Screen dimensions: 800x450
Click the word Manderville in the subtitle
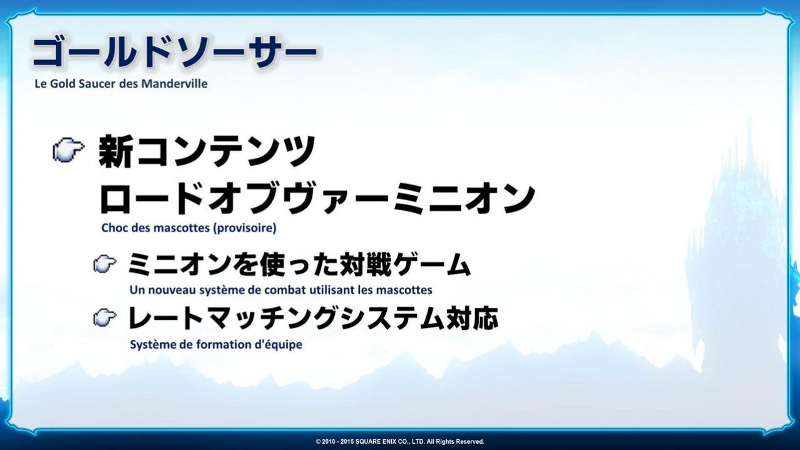click(174, 84)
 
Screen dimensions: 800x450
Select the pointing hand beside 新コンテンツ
click(69, 150)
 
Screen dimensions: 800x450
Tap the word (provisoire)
click(245, 228)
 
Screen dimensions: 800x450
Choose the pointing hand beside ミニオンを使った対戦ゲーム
click(105, 264)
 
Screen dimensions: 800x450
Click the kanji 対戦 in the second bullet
click(366, 264)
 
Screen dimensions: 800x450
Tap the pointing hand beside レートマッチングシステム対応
click(105, 317)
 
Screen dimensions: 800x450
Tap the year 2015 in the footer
click(346, 442)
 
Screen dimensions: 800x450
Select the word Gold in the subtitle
click(63, 84)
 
